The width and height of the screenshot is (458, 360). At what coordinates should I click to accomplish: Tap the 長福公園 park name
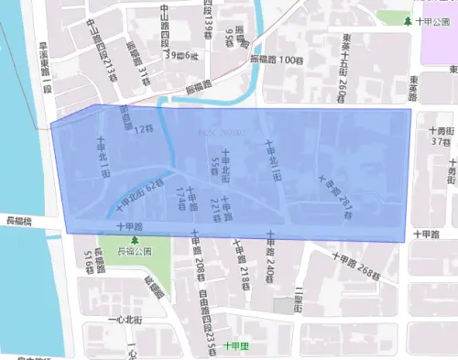pos(136,250)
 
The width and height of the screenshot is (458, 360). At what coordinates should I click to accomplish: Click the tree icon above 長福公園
pos(136,238)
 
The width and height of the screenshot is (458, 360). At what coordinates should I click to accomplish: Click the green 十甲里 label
pos(236,346)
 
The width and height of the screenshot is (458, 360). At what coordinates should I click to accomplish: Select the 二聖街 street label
pos(299,299)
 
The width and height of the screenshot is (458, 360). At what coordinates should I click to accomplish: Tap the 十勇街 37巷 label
pos(440,136)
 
